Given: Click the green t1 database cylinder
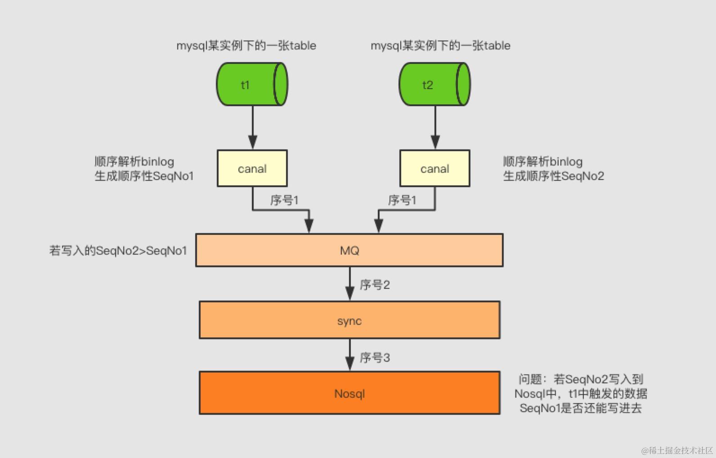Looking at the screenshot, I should pos(252,85).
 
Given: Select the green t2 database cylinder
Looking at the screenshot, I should pos(434,85).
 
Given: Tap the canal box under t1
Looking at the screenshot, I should pos(252,169).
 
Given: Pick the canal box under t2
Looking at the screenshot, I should pos(435,169).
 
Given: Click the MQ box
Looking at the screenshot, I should pos(349,251).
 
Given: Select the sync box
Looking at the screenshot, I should pos(349,320).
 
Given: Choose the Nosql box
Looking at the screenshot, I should pos(349,393).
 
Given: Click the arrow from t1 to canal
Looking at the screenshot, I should pos(253,128).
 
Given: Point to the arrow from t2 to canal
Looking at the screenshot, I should pos(435,128).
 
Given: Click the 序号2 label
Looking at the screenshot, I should pos(375,285).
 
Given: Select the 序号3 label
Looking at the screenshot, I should pos(375,358).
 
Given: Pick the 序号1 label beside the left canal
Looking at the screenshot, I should pos(284,200).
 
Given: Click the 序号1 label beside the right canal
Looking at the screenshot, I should pos(402,200).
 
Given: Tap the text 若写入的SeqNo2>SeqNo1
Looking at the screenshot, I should pos(118,251).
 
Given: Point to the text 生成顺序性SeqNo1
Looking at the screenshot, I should pos(144,176).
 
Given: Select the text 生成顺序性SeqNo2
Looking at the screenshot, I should pos(553,176).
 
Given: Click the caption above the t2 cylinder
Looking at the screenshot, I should pos(440,45).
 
